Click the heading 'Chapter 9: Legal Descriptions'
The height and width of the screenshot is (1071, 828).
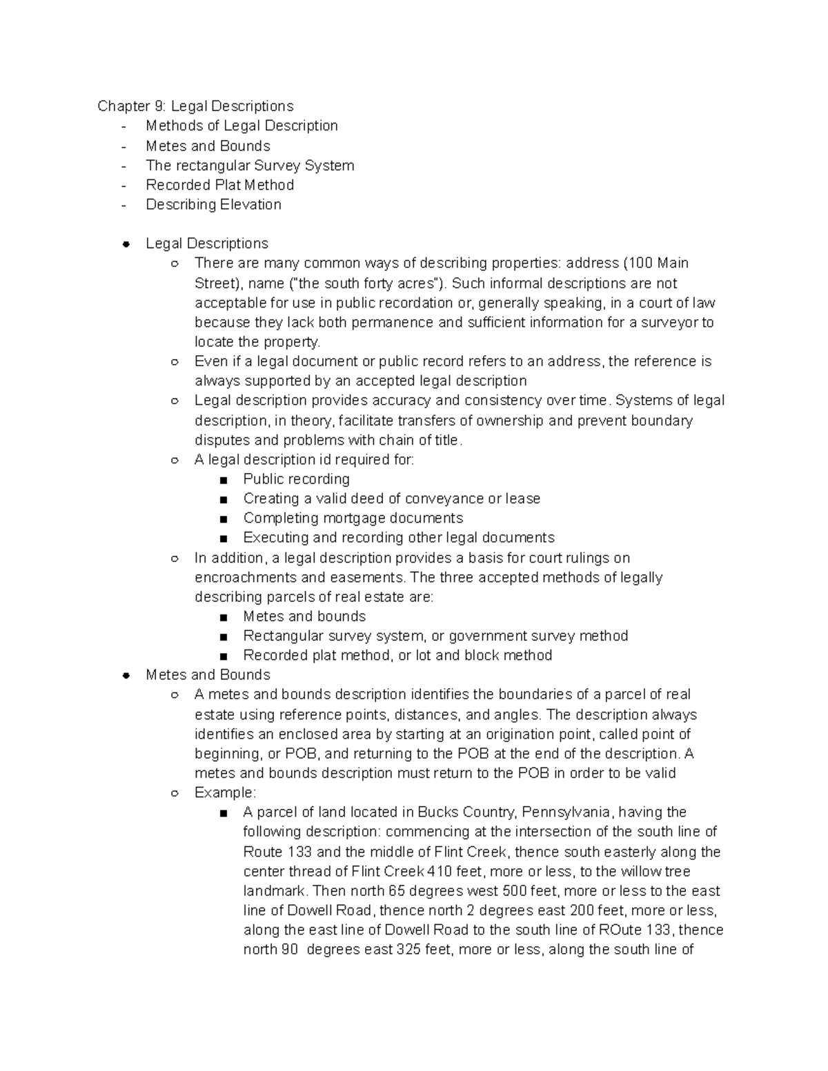pyautogui.click(x=195, y=106)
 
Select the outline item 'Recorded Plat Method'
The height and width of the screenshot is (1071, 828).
pyautogui.click(x=219, y=185)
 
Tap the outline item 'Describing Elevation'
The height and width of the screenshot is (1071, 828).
pyautogui.click(x=213, y=205)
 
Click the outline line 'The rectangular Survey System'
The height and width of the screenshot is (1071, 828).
pyautogui.click(x=250, y=166)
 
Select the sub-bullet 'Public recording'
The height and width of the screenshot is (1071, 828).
pyautogui.click(x=296, y=479)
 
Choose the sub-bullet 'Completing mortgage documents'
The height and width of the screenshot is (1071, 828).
pyautogui.click(x=353, y=518)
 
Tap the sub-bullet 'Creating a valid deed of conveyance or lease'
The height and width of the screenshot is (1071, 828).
pyautogui.click(x=391, y=499)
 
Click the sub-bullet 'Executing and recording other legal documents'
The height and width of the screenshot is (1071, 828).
pyautogui.click(x=398, y=538)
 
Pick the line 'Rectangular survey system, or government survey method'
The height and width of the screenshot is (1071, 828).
pyautogui.click(x=435, y=636)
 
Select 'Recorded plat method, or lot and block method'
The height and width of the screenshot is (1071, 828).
pyautogui.click(x=397, y=655)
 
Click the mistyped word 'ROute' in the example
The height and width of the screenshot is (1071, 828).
pyautogui.click(x=618, y=930)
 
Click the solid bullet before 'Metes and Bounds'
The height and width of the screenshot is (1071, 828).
pyautogui.click(x=126, y=675)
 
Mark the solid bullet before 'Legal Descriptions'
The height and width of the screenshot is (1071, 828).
pyautogui.click(x=126, y=243)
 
